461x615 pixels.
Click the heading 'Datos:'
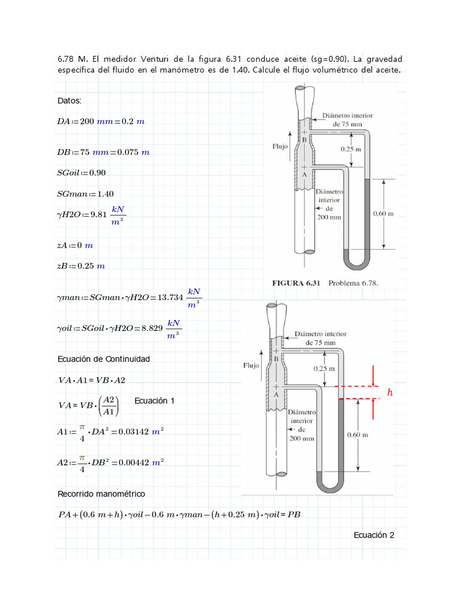coord(69,100)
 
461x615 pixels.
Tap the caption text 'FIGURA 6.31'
coord(297,282)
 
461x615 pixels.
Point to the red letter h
coord(390,393)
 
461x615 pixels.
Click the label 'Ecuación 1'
coord(154,401)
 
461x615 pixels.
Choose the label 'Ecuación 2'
coord(373,535)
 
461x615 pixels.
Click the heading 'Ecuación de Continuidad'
coord(103,359)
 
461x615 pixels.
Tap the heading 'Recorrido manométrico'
coord(101,494)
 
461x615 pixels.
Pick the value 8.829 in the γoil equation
coord(149,328)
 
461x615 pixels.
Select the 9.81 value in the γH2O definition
coord(98,215)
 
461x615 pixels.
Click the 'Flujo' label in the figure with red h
coord(252,365)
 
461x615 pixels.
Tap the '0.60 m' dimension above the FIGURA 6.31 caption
coord(383,213)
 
